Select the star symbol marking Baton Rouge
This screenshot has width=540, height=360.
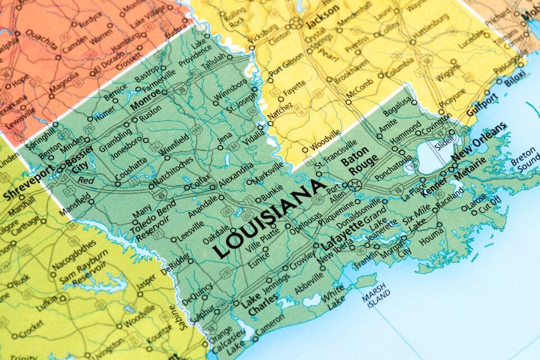click(354, 183)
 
